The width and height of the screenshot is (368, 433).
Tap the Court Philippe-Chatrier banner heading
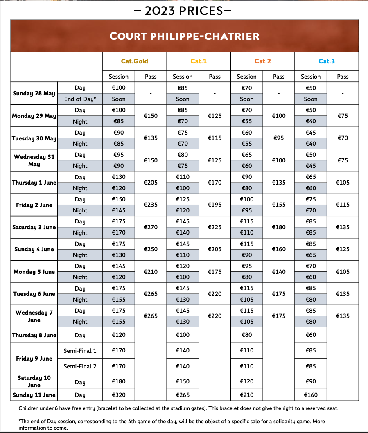coord(184,36)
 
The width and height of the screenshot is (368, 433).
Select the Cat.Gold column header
coord(134,61)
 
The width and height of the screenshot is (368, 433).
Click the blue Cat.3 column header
coord(326,61)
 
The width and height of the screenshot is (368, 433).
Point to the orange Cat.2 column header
coord(262,61)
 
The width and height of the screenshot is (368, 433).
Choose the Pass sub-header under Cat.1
coord(214,77)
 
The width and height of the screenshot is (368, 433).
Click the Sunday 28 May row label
coord(34,93)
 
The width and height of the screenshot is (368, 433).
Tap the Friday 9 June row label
coord(34,359)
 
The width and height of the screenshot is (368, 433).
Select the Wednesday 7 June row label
coord(34,316)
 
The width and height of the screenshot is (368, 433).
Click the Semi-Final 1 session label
coord(80,351)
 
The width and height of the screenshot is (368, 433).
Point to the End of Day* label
coord(80,99)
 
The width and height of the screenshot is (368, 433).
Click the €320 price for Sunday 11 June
coord(119,395)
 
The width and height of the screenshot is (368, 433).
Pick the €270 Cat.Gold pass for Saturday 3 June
coord(151,227)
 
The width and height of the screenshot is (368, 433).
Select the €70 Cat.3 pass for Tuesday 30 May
coord(343,138)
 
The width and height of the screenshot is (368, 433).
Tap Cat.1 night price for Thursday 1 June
coord(183,188)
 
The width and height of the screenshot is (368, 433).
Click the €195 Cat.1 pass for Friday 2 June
coord(214,205)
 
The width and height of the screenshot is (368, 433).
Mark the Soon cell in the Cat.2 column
coord(246,99)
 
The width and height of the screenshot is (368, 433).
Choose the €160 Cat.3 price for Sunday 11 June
coord(311,395)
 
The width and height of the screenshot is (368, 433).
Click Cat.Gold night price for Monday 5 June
coord(119,277)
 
